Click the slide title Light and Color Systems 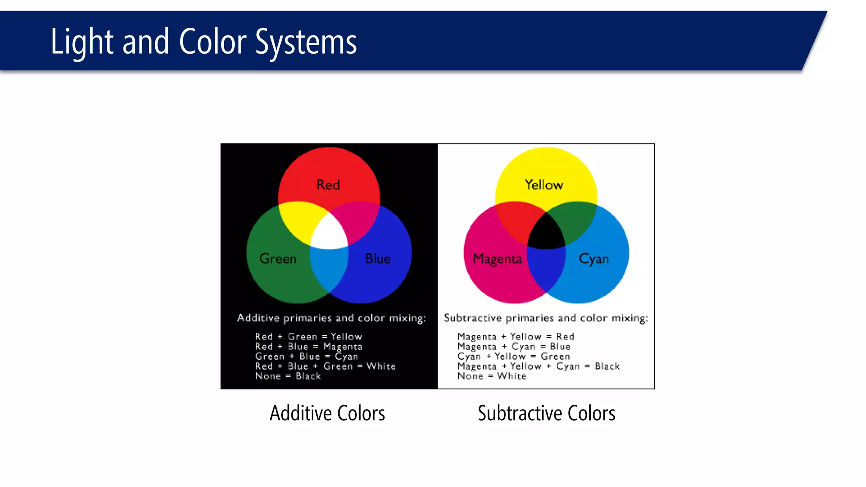click(x=203, y=42)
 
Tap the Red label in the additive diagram click(x=328, y=185)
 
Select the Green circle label click(x=278, y=258)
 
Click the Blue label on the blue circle click(x=378, y=258)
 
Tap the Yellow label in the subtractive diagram click(x=544, y=185)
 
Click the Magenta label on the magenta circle click(x=497, y=259)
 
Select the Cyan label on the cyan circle click(x=594, y=259)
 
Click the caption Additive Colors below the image click(x=327, y=413)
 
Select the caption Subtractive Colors click(x=546, y=413)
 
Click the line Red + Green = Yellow click(x=308, y=337)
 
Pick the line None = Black click(x=288, y=376)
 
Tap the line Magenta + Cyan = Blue click(x=514, y=347)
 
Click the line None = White click(x=492, y=376)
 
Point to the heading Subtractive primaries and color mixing click(x=545, y=318)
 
